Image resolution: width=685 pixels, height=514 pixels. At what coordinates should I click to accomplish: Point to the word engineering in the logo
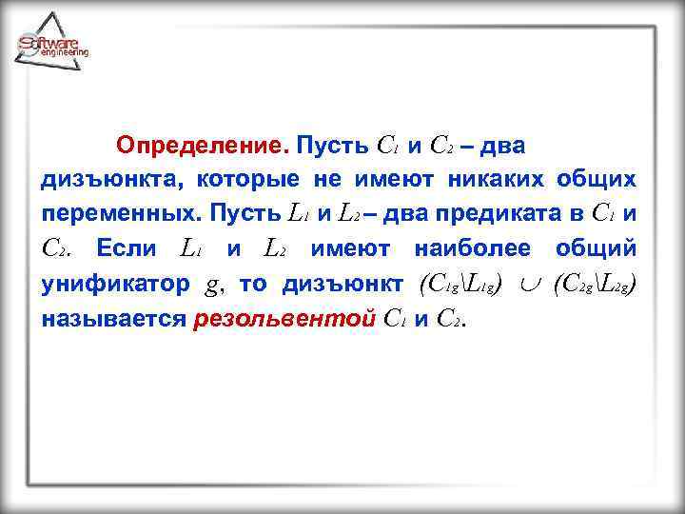(x=65, y=53)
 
